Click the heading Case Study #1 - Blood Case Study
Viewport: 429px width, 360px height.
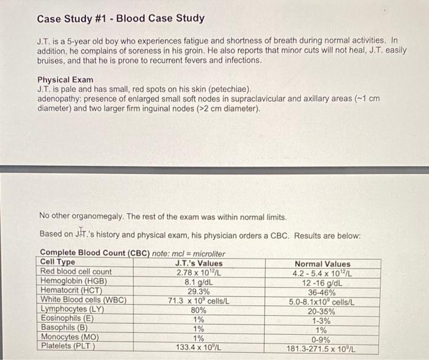pyautogui.click(x=121, y=18)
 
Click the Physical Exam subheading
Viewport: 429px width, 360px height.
pyautogui.click(x=66, y=80)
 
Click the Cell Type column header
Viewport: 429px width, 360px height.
pyautogui.click(x=58, y=263)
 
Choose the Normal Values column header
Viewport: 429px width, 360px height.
pyautogui.click(x=322, y=263)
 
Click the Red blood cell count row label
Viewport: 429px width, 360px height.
pyautogui.click(x=76, y=272)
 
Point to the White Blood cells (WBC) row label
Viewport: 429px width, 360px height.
pyautogui.click(x=83, y=300)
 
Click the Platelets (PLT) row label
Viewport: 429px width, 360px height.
pyautogui.click(x=68, y=347)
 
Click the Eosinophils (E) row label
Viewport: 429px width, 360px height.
pyautogui.click(x=67, y=318)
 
